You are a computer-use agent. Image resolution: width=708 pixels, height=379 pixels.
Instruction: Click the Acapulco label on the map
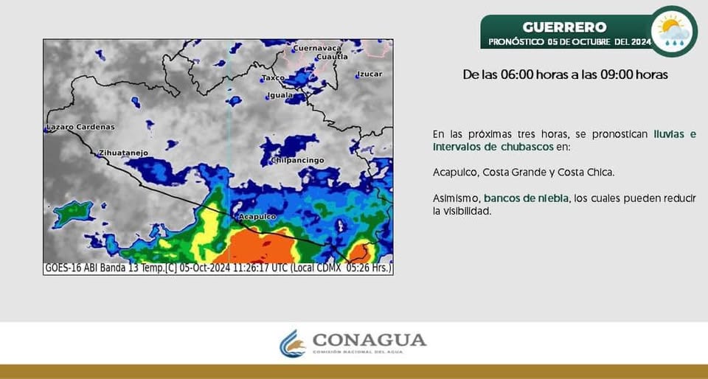coord(257,217)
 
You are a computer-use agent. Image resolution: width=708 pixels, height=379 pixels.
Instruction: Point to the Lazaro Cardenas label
coord(80,128)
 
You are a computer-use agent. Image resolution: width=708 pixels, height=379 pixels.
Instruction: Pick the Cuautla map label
coord(332,57)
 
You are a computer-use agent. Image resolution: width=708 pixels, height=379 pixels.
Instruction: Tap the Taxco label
coord(273,77)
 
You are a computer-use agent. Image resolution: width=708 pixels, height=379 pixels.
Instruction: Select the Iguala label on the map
coord(280,95)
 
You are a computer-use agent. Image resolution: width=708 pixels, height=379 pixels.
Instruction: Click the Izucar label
coord(369,74)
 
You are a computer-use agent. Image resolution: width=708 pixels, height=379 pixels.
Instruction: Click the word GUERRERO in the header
coord(564,27)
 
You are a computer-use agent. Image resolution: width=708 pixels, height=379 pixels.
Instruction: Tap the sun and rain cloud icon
coord(673,31)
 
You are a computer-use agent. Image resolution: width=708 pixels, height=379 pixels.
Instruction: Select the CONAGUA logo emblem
coord(292,344)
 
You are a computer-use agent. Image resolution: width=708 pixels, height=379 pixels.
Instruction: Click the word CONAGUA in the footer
coord(369,340)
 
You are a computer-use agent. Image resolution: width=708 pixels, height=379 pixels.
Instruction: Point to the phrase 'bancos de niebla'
coord(526,198)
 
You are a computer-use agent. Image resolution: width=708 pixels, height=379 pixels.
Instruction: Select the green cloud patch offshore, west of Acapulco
coord(72,214)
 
